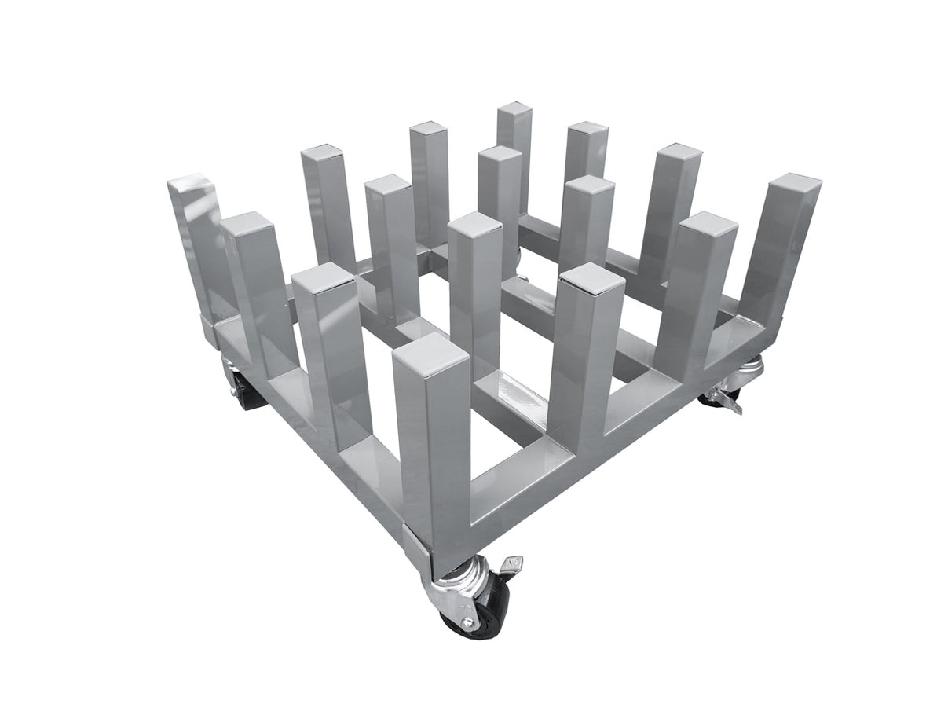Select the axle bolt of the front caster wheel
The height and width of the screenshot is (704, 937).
coord(467,621)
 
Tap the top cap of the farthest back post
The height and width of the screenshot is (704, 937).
coord(514,109)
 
